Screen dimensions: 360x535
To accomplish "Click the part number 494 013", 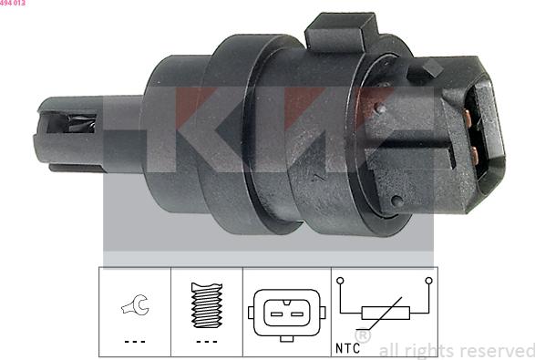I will (x=13, y=4).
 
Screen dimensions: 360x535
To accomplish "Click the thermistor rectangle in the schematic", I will (x=386, y=313).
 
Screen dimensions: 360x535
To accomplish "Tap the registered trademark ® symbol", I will (x=362, y=336).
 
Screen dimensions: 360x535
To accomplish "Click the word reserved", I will (x=495, y=350).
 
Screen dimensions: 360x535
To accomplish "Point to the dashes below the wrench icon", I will (x=135, y=342).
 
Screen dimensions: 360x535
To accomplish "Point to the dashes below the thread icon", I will (x=207, y=342).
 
